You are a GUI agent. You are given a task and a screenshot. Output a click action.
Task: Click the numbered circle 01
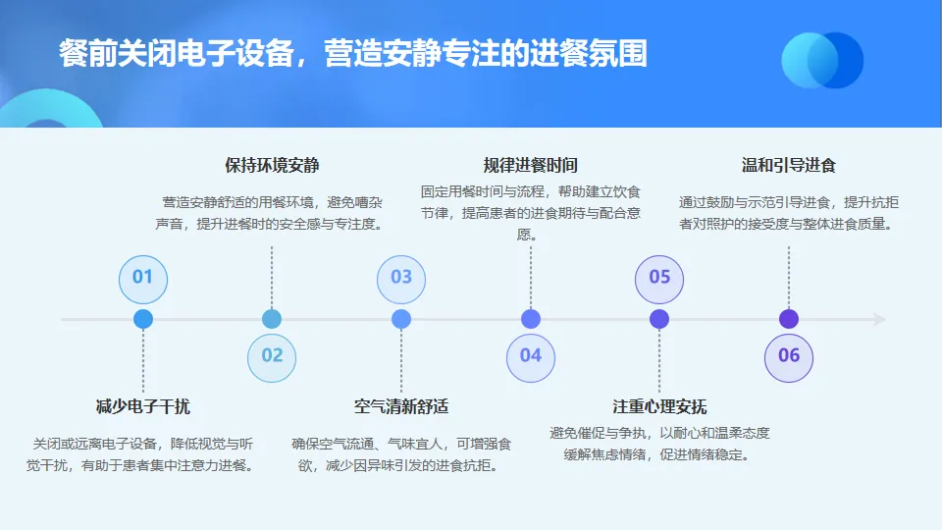point(143,278)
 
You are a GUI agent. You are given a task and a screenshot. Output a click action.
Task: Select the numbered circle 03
point(401,278)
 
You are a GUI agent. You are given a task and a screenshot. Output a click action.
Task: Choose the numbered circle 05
point(659,278)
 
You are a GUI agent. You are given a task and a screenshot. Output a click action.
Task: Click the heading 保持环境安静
point(272,165)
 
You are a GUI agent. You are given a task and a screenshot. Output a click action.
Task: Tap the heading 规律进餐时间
point(531,165)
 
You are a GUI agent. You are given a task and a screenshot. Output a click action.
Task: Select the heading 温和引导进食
point(789,165)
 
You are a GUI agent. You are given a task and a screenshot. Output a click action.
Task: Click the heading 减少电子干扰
point(143,406)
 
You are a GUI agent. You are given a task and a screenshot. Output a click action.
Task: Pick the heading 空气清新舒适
point(401,406)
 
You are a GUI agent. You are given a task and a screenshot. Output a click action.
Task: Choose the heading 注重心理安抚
point(659,406)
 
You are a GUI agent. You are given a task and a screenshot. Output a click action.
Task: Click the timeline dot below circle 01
point(143,319)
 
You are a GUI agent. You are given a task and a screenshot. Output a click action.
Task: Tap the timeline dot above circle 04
point(531,319)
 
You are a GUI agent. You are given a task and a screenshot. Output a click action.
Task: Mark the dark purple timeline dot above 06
point(789,319)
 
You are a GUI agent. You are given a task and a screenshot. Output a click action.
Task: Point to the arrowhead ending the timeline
point(879,319)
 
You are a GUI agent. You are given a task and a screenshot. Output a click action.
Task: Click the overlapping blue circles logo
point(821,60)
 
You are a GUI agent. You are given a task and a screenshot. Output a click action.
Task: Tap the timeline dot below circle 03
point(401,319)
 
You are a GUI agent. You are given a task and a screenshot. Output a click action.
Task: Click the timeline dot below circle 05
point(659,319)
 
